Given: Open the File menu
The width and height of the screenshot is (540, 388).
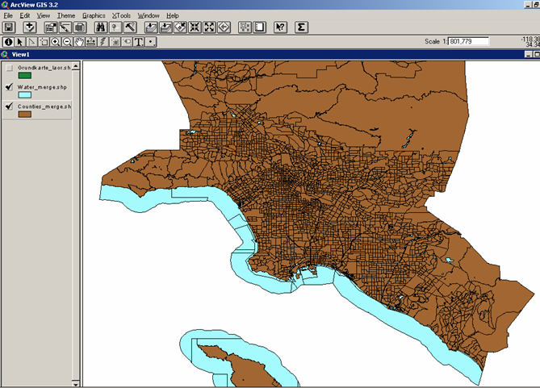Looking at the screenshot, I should pos(9,15).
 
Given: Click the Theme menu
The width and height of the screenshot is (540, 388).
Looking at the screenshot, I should pos(65,15).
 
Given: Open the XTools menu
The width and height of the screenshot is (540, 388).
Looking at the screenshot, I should pos(121,15).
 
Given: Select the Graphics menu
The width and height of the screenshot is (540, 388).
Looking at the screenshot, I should pos(94,15).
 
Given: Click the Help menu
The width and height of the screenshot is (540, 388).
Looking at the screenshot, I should pos(173,15).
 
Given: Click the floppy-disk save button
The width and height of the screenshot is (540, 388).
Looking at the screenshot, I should pos(9,27).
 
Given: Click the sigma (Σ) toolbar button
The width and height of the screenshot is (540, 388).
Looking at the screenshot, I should pos(301,27).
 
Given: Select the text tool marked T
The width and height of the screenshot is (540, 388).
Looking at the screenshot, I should pos(139,41).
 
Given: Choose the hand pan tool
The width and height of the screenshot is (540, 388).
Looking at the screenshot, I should pos(78,41).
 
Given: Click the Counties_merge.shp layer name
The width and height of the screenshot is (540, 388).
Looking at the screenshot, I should pos(44,106).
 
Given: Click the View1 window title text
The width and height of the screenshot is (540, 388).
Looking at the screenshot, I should pos(21,54).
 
